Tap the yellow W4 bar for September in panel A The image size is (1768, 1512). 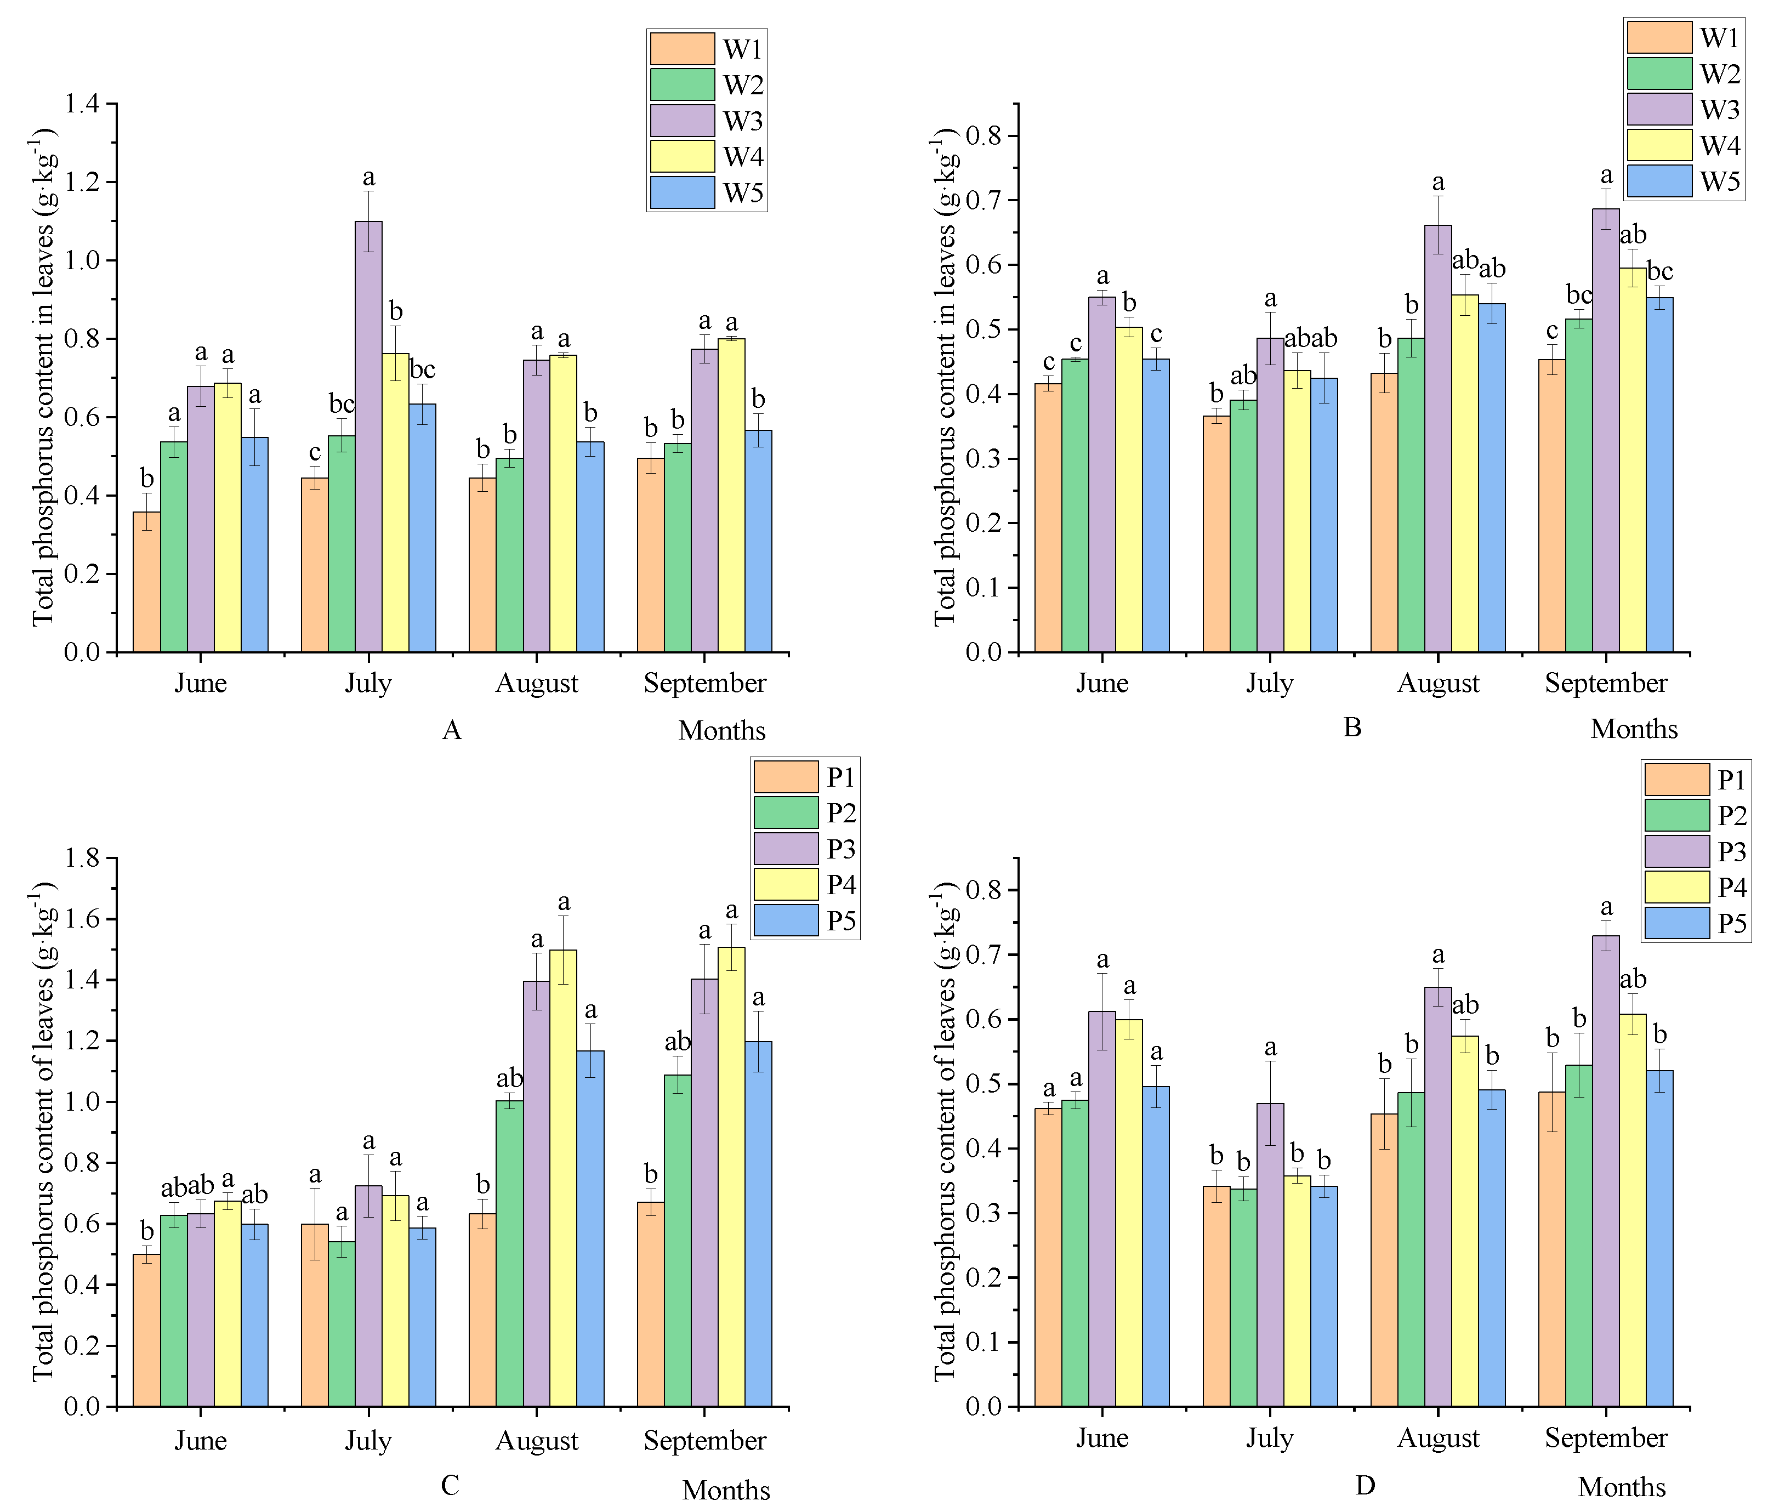[x=731, y=495]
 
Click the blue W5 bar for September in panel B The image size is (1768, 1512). [x=1659, y=474]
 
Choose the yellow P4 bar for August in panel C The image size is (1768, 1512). [x=563, y=1178]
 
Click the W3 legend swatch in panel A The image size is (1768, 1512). [x=682, y=120]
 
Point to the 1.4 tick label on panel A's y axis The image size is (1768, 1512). [x=81, y=104]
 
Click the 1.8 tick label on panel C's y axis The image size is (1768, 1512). [x=81, y=857]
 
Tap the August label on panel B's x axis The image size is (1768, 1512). [x=1438, y=684]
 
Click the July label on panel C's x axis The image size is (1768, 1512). [x=368, y=1440]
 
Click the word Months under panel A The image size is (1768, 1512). [x=722, y=730]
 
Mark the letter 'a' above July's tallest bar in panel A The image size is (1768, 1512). [x=368, y=178]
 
